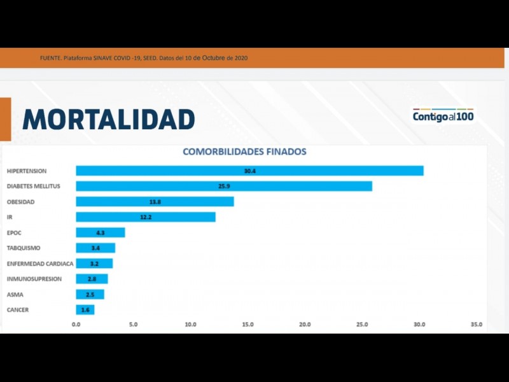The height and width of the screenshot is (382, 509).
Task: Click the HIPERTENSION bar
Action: [249, 171]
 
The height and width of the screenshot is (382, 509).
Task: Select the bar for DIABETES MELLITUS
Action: [224, 186]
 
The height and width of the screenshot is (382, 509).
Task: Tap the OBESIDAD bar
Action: [155, 201]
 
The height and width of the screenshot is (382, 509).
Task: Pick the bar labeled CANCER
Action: [85, 310]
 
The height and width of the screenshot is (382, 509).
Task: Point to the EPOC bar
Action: [100, 232]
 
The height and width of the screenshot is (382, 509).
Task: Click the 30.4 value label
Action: [249, 171]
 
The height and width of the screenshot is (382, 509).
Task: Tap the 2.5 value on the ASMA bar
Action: [90, 295]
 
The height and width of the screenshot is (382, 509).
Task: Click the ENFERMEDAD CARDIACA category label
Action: [40, 264]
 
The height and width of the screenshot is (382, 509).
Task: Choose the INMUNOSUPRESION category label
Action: [34, 279]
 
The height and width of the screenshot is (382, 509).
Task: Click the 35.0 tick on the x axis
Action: [476, 325]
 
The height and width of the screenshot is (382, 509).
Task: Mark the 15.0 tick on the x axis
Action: [248, 325]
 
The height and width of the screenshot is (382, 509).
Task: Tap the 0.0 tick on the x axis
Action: [76, 325]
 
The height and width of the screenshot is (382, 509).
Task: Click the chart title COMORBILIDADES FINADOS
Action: [244, 152]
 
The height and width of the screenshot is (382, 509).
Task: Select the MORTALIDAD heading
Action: [108, 120]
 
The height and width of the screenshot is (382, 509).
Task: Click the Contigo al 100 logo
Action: [443, 115]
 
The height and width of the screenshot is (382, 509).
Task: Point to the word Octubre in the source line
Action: [209, 58]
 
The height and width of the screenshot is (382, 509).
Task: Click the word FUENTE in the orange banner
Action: [50, 59]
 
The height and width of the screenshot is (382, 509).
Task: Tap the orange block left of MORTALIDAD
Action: [5, 119]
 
